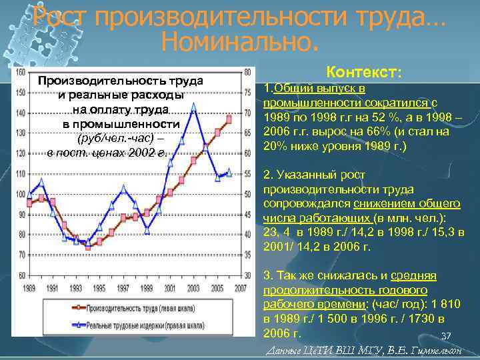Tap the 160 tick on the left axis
[20, 72]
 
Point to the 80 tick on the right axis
[249, 72]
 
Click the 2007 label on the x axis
[241, 287]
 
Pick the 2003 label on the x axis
[193, 287]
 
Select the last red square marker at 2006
[229, 119]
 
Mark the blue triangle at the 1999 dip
[148, 231]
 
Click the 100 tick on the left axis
[20, 194]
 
